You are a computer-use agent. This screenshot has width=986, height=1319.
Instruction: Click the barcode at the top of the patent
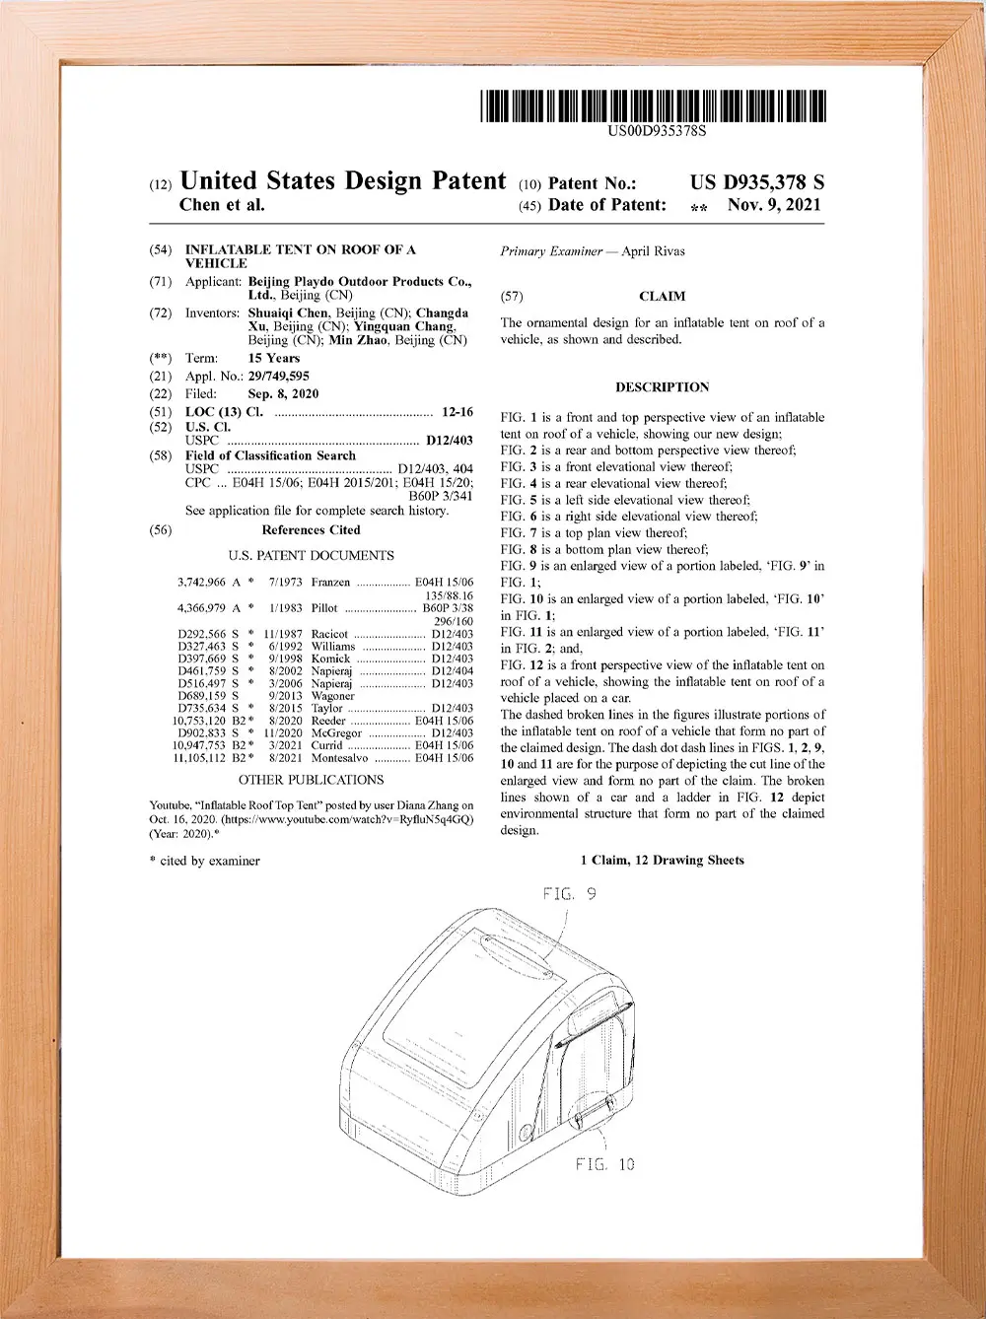(x=654, y=105)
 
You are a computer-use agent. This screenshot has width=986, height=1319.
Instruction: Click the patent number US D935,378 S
(x=756, y=182)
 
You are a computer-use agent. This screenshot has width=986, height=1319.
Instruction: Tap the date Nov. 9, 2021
(x=774, y=205)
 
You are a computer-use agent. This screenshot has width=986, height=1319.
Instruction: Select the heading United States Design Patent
(x=343, y=181)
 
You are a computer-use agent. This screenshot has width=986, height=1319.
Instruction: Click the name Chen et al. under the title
(x=222, y=205)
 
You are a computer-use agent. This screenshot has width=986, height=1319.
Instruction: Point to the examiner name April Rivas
(x=653, y=251)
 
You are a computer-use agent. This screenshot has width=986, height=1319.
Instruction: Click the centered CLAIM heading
(x=662, y=296)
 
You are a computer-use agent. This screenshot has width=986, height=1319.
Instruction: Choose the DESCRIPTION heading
(x=662, y=387)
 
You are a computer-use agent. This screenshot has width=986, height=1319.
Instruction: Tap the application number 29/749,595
(x=278, y=376)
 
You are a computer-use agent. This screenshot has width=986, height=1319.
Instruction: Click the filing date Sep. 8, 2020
(x=283, y=393)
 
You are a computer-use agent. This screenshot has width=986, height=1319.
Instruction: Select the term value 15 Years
(x=274, y=358)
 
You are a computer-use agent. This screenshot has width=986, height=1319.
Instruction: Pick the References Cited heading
(x=311, y=530)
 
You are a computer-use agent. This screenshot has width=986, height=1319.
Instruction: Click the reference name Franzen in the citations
(x=330, y=583)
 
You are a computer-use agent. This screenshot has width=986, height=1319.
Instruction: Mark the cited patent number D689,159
(x=201, y=696)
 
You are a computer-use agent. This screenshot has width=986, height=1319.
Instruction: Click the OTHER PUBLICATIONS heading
(x=311, y=780)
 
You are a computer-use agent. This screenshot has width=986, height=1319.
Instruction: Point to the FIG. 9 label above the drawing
(x=569, y=894)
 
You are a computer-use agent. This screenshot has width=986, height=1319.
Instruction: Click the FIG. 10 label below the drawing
(x=605, y=1164)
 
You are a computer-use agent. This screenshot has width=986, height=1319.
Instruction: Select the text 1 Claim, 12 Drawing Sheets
(x=662, y=860)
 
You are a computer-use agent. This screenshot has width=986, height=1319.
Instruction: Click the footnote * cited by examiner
(x=204, y=861)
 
